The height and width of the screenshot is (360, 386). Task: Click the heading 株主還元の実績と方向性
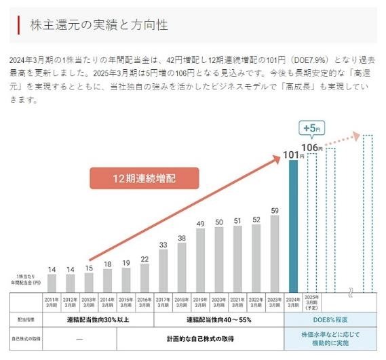tap(99, 25)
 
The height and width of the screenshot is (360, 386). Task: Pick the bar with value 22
tap(144, 278)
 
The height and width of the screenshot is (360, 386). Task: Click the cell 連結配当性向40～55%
tap(218, 319)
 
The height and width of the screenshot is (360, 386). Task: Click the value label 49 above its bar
tap(200, 223)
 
